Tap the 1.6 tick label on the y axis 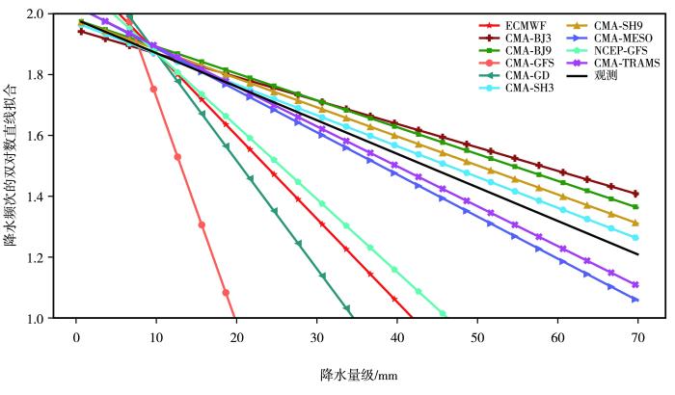tap(45, 136)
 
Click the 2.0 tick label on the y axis tap(45, 13)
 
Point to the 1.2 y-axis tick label tap(45, 257)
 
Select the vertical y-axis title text tap(13, 165)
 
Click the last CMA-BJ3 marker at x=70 tap(636, 194)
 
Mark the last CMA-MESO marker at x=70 tap(636, 300)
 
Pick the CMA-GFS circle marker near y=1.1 tap(226, 292)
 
